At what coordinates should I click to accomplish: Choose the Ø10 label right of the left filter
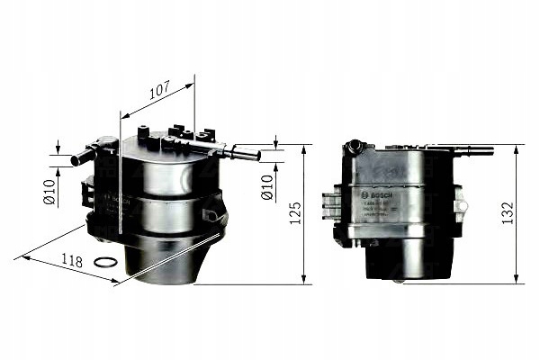(266, 187)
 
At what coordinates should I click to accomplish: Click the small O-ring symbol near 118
(106, 263)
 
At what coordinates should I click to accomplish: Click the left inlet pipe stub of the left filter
(82, 157)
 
